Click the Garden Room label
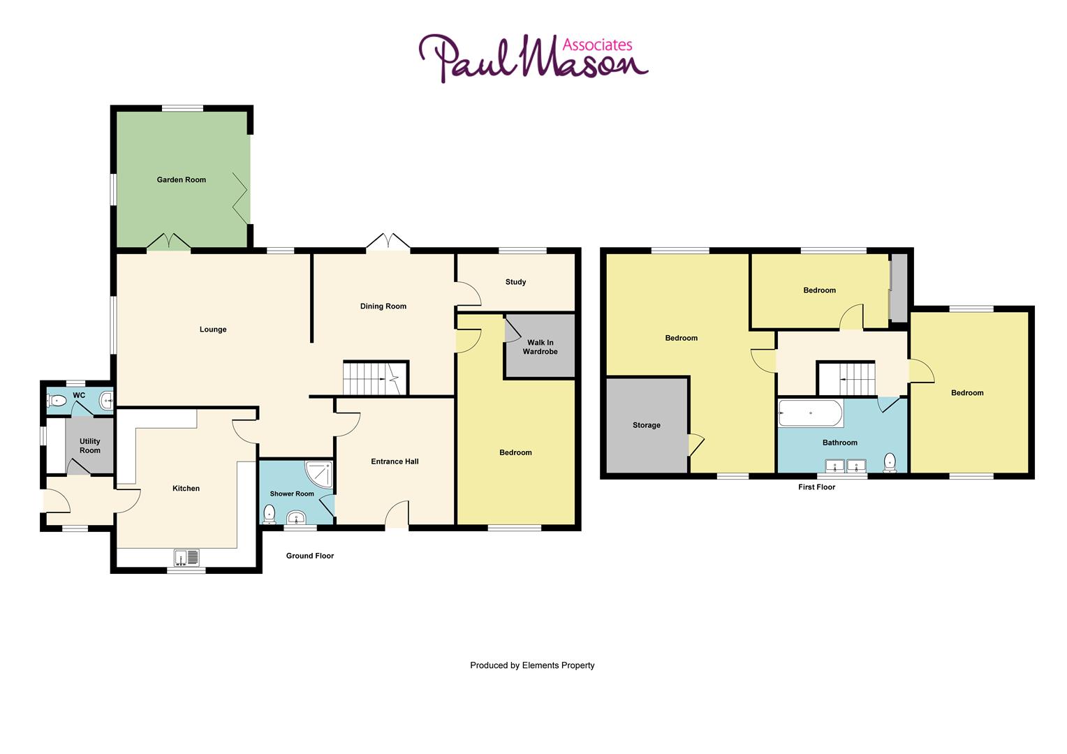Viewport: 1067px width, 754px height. click(181, 179)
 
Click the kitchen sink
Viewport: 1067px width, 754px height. click(187, 557)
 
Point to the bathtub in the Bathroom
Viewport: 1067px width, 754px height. click(810, 413)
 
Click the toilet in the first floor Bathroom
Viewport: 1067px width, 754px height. click(890, 462)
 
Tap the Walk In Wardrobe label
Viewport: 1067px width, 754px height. click(540, 347)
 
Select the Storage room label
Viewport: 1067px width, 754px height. click(646, 425)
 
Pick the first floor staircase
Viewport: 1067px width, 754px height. click(846, 378)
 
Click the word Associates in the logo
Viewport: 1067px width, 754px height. click(597, 45)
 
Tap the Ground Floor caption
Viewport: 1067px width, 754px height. click(310, 556)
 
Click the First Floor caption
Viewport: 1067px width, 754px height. click(816, 487)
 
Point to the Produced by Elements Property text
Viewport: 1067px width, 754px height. click(532, 665)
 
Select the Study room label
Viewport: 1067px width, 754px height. click(515, 282)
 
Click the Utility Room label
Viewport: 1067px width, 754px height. click(90, 445)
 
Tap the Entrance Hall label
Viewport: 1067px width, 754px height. click(395, 461)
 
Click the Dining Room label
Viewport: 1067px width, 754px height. click(383, 306)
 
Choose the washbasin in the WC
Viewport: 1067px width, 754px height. click(106, 400)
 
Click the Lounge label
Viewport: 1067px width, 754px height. click(213, 330)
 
